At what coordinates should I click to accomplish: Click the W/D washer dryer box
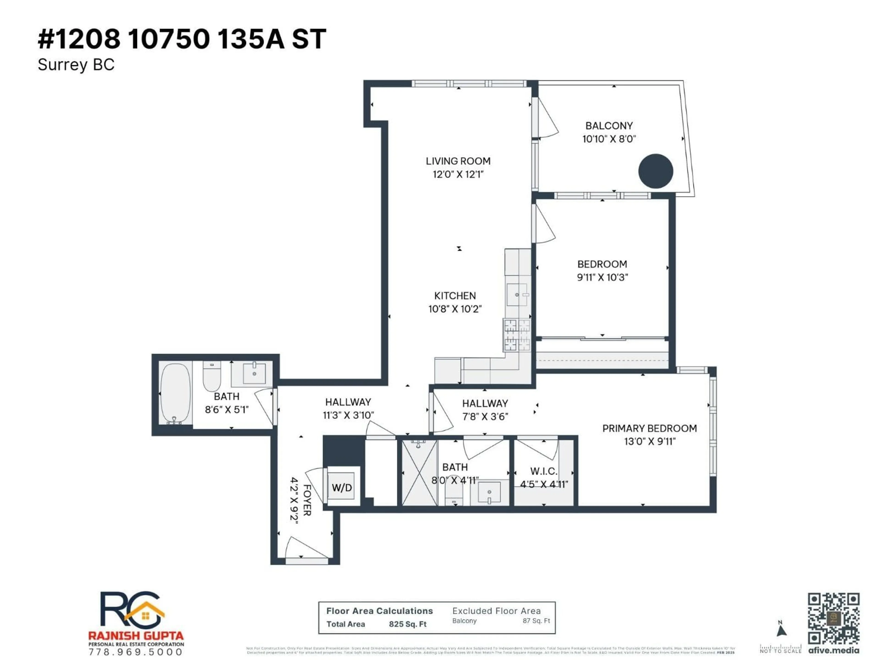341,487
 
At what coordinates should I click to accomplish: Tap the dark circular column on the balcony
655,171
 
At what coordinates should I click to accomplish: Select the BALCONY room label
609,126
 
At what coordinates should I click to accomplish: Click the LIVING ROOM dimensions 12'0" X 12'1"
458,174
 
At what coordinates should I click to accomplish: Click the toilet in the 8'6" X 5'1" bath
212,376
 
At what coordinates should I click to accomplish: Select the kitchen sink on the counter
517,295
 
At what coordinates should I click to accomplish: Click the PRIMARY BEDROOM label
649,429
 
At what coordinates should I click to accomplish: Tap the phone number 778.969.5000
135,652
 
